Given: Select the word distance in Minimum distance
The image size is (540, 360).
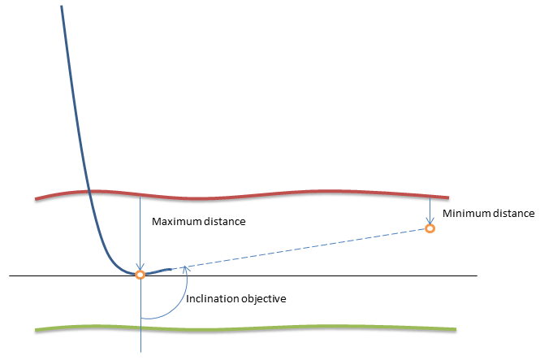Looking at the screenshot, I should tap(512, 214).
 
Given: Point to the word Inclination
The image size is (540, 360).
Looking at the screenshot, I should tap(212, 299).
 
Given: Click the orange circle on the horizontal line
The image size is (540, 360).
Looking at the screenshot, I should tap(140, 275).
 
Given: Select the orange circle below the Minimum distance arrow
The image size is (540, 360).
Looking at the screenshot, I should tap(430, 229).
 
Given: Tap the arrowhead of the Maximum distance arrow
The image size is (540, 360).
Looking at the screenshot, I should tap(140, 267).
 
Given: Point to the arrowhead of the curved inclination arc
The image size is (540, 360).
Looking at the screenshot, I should tap(186, 270).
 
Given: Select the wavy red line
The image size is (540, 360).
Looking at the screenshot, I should tap(244, 196).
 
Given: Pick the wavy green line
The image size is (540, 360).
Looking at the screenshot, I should tap(244, 328).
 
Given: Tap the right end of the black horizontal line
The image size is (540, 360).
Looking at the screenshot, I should tap(476, 276).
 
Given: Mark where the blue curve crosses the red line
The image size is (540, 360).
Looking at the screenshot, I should tap(87, 192).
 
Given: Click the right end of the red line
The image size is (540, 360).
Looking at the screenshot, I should tap(448, 197).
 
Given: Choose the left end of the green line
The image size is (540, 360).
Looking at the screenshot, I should tap(37, 329).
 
